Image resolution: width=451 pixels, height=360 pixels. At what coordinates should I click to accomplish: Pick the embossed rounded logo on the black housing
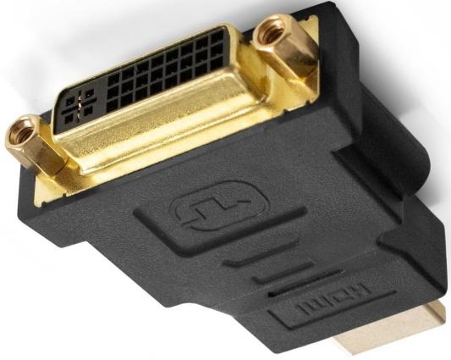pos(220,205)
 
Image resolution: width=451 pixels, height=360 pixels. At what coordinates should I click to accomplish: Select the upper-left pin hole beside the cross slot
pos(70,102)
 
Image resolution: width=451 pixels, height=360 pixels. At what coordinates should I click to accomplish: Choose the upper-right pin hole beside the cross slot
pos(90,93)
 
